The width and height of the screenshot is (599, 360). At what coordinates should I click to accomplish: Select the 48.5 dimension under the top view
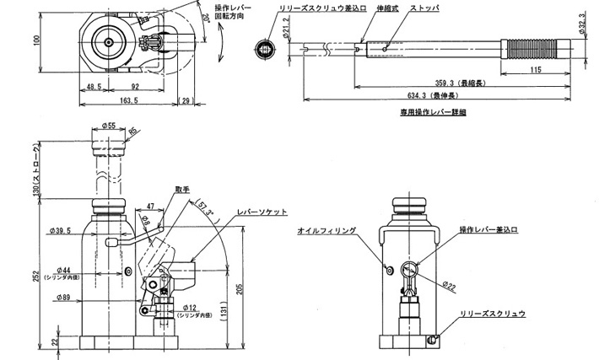[94, 86]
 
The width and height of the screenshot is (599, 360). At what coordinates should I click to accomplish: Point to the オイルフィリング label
[326, 229]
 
